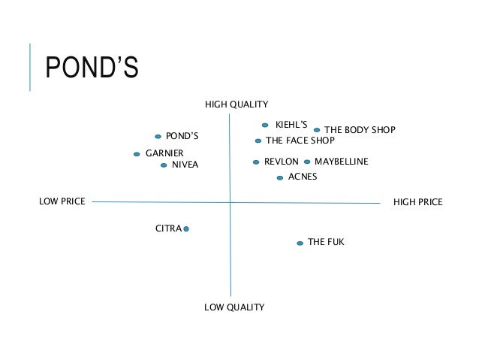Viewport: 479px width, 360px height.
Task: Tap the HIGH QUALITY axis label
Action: [x=236, y=104]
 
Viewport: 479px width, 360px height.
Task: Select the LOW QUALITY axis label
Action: [x=234, y=307]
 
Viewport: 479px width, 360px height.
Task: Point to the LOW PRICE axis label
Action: [x=62, y=201]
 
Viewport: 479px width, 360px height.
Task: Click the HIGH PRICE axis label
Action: [x=418, y=202]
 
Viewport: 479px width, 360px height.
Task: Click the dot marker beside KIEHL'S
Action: [x=265, y=126]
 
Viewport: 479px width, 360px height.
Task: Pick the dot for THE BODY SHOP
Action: [x=316, y=130]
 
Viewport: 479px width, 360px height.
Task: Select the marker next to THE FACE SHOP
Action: [x=258, y=141]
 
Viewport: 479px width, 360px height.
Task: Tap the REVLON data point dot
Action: [x=256, y=162]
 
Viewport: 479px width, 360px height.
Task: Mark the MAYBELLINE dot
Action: [x=307, y=162]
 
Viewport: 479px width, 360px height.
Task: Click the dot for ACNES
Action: [x=280, y=178]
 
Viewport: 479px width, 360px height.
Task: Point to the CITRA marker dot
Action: [x=185, y=228]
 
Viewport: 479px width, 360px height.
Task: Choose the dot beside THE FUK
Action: [x=300, y=243]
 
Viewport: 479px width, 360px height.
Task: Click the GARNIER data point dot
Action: [x=137, y=154]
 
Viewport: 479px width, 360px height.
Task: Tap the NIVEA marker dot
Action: [x=163, y=165]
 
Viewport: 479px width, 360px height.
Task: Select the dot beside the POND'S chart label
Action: [x=158, y=137]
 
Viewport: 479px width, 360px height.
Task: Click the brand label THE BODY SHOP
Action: [x=359, y=130]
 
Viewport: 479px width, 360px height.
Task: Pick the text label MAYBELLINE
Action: [x=342, y=162]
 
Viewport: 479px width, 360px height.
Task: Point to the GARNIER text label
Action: [x=164, y=153]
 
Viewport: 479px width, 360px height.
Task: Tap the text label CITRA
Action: [x=168, y=228]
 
